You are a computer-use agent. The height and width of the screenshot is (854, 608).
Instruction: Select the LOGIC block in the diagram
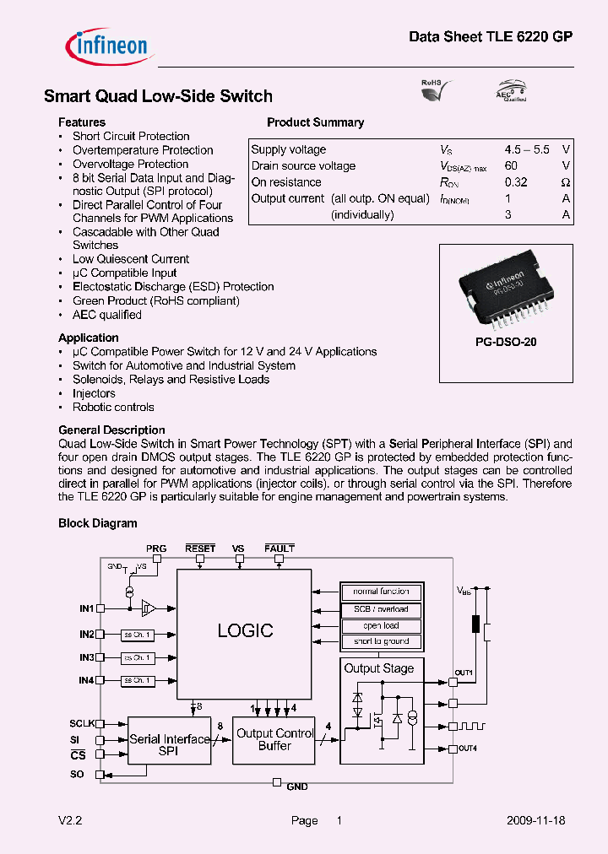(x=244, y=630)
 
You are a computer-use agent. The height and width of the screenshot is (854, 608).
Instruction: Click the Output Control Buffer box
(x=274, y=740)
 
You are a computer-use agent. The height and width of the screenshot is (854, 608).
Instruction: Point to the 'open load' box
(x=381, y=625)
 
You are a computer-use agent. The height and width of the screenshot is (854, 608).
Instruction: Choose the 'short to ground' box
(x=381, y=641)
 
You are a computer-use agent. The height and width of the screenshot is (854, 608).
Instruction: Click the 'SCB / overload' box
(x=381, y=608)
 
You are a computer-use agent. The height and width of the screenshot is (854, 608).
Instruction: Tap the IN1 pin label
(x=86, y=608)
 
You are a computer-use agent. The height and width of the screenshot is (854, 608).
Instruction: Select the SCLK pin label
(x=82, y=724)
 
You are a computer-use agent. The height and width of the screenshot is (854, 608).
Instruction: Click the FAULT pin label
(x=280, y=549)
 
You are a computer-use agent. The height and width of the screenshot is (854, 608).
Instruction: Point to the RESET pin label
(x=200, y=549)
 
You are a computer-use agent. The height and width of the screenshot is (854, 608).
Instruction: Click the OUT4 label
(x=464, y=749)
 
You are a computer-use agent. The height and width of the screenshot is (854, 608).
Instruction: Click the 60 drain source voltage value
(x=511, y=166)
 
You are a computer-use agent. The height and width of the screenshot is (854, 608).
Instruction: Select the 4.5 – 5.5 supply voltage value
(x=527, y=149)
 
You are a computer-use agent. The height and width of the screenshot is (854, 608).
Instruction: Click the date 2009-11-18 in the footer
(x=536, y=820)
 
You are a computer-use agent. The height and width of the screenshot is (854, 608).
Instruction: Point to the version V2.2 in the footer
(x=70, y=820)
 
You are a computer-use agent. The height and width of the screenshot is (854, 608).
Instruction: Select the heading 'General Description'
(x=111, y=430)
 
